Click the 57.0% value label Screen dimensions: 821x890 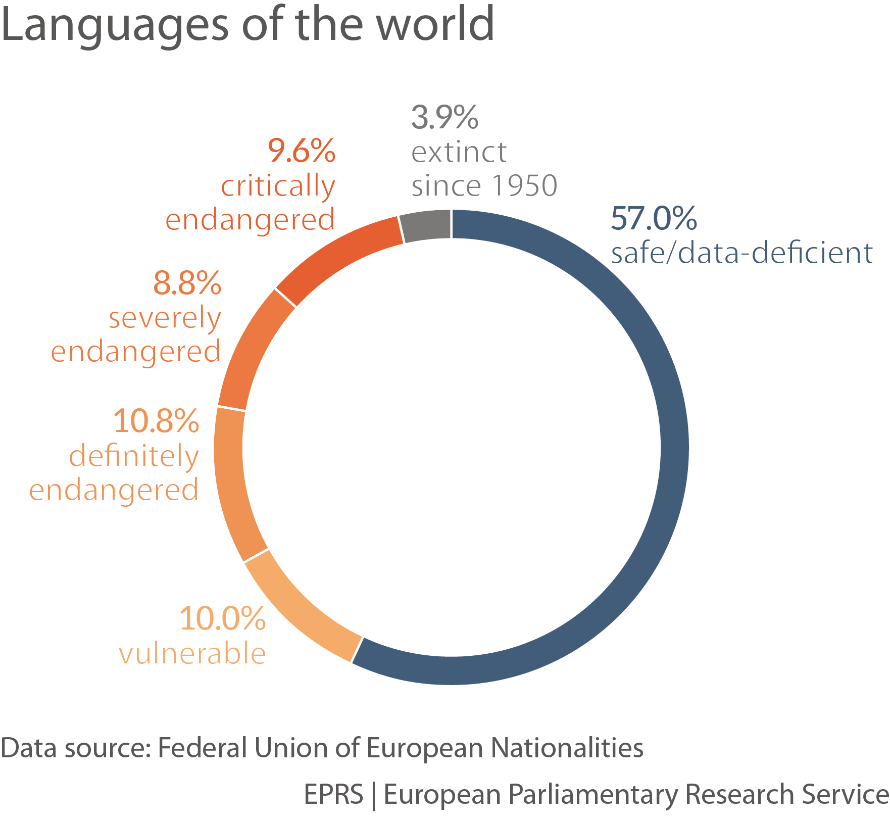654,218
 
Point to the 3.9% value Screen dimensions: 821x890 444,117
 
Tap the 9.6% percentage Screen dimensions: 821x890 302,151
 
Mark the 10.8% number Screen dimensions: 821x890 156,421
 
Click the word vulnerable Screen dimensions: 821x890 192,654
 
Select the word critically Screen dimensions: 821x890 278,186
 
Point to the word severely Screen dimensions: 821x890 165,318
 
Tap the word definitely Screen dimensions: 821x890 134,456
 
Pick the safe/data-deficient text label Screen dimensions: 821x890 741,253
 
